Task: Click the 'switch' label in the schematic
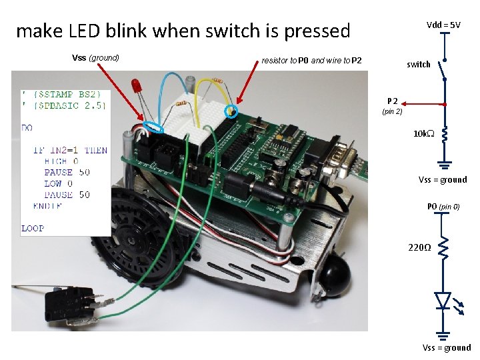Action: coord(418,65)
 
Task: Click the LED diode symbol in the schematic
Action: coord(443,301)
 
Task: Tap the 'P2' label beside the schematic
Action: coord(393,100)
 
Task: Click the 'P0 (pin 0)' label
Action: coord(443,207)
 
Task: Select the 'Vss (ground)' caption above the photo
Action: coord(95,58)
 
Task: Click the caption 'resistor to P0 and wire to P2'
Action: coord(311,61)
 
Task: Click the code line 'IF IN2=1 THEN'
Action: coord(70,150)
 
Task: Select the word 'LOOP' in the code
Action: coord(33,228)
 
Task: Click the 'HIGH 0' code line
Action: coord(61,161)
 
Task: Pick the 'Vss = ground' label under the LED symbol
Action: coord(446,347)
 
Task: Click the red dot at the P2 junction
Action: coord(444,104)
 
